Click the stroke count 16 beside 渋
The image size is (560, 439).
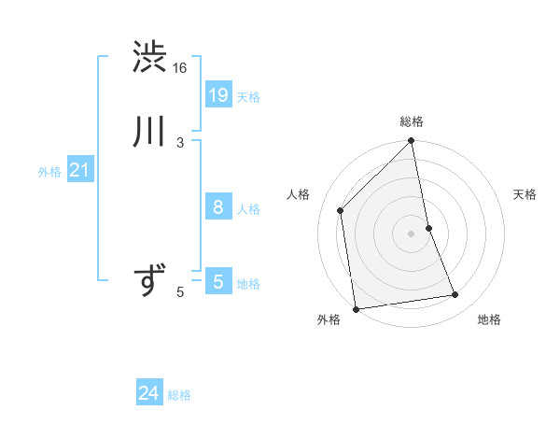click(180, 68)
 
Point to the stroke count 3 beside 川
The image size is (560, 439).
click(180, 142)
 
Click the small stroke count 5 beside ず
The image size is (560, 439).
click(180, 292)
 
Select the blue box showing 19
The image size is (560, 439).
click(217, 94)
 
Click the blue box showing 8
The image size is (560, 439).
click(217, 207)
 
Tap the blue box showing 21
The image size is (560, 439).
click(79, 170)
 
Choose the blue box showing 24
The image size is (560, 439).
click(149, 394)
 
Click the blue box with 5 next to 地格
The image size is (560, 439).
click(217, 281)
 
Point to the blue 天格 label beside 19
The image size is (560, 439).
click(248, 97)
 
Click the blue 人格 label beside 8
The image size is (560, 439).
click(248, 209)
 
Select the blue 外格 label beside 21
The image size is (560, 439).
click(49, 172)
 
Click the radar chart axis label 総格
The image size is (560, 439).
click(412, 121)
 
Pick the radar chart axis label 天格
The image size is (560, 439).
click(525, 194)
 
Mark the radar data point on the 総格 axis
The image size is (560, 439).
click(412, 142)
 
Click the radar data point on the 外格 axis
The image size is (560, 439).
click(356, 308)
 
